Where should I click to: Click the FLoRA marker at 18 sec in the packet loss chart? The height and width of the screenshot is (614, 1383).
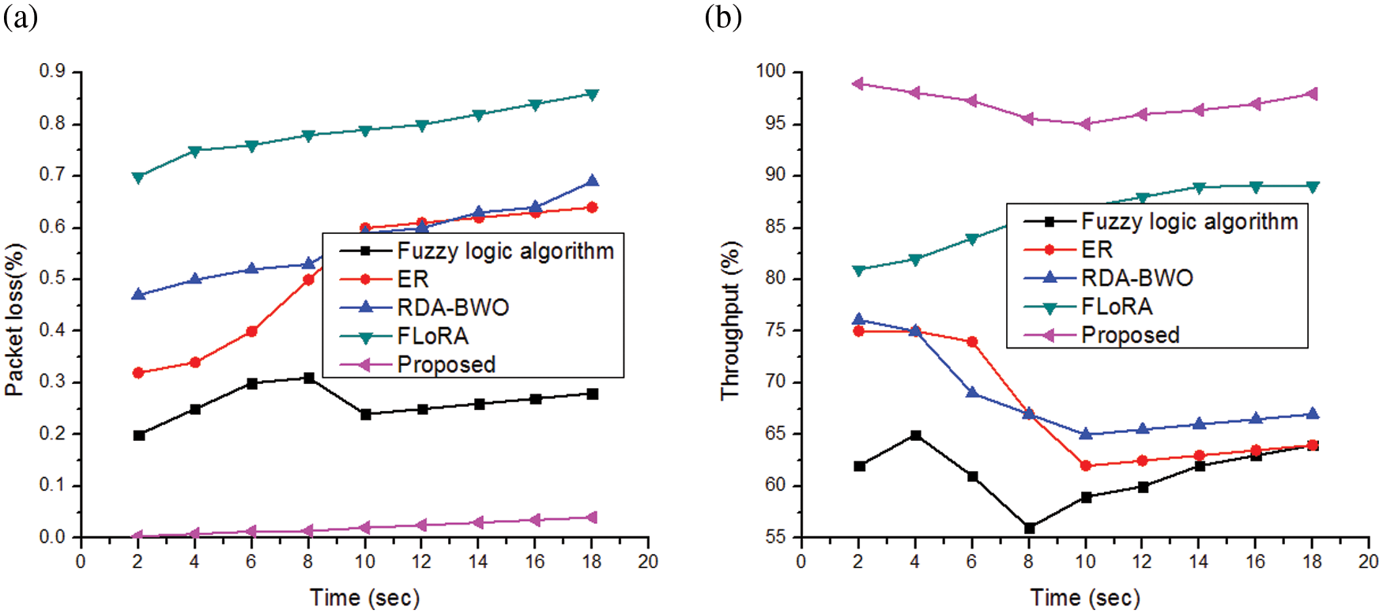(592, 95)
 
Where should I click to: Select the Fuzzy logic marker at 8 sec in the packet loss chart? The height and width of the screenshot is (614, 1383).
(308, 379)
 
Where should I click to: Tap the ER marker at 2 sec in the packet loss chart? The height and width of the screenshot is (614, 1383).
(138, 373)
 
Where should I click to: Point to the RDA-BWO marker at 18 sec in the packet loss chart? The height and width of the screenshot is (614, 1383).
(592, 182)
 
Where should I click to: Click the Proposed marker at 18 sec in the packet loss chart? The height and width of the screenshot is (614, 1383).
(591, 518)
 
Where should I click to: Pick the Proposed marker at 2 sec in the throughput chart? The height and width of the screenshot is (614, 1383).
(858, 84)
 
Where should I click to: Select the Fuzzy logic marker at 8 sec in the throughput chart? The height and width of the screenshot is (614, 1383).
(1029, 528)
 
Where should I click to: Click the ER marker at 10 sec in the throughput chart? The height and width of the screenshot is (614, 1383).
(1086, 466)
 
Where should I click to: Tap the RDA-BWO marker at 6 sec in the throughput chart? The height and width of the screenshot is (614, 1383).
(972, 393)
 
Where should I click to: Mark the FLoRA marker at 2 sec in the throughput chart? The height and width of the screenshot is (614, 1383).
(858, 270)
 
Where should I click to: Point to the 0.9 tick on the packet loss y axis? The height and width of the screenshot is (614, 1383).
(53, 72)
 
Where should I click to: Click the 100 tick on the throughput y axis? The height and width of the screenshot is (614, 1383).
(771, 72)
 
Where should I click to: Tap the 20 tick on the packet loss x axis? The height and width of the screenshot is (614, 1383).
(648, 562)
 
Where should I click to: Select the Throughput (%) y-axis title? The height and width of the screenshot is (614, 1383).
(731, 320)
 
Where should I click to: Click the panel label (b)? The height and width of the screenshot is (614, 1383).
(722, 17)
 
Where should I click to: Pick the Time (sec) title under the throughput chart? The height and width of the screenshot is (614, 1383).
(1085, 597)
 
